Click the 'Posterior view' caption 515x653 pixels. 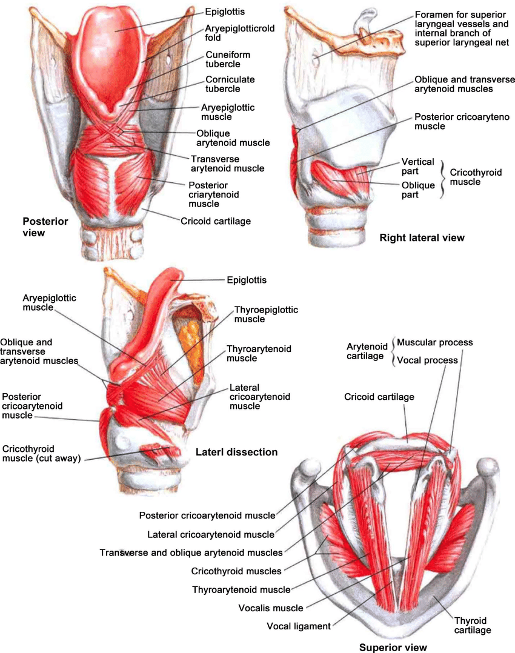point(45,227)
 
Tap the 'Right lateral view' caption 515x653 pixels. point(422,238)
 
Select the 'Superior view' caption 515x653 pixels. point(393,647)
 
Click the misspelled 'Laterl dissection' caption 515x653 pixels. point(236,452)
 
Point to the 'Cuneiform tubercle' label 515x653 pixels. point(228,59)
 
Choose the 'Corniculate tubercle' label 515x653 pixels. point(230,84)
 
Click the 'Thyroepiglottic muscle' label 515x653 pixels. point(266,314)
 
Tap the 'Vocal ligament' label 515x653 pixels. point(298,626)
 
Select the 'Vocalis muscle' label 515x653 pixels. point(271,608)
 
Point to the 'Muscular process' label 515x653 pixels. point(434,342)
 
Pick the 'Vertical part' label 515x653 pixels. point(417,166)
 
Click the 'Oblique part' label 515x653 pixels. point(418,190)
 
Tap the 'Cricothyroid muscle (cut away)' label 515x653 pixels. point(41,454)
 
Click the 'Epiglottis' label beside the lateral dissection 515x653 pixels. point(246,280)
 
